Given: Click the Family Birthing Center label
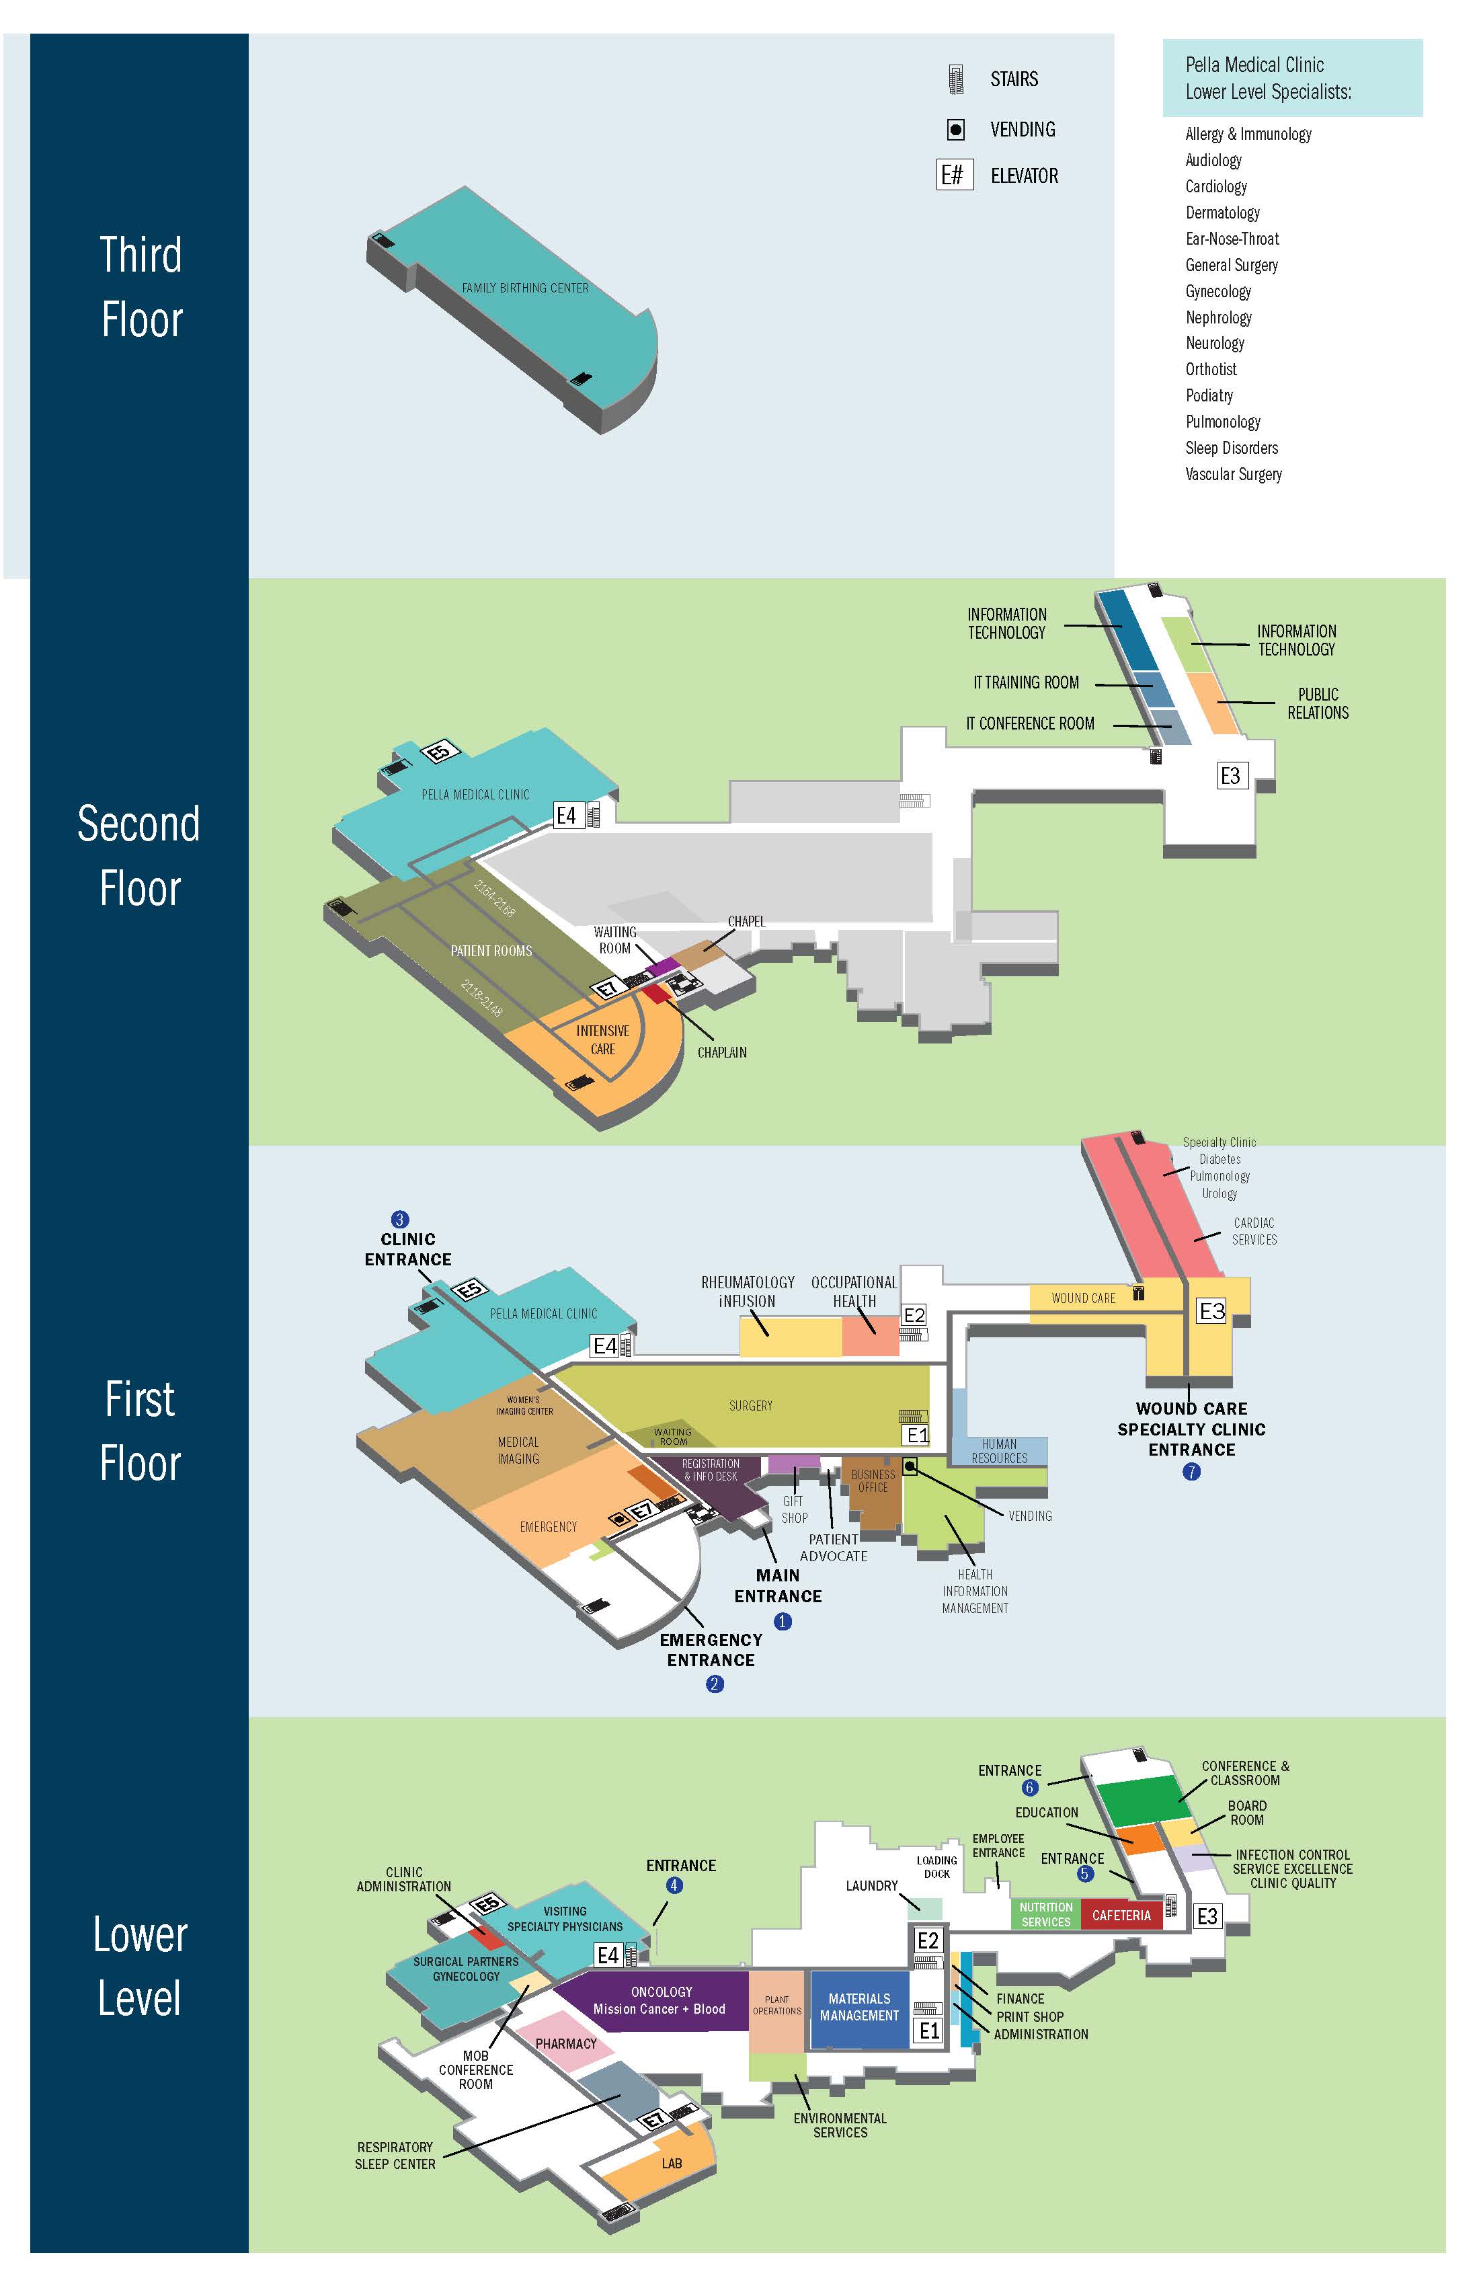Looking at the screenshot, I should pos(524,288).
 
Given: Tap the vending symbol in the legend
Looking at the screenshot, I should pos(955,130).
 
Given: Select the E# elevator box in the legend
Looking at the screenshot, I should pos(955,175).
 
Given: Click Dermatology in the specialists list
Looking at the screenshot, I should pos(1222,212).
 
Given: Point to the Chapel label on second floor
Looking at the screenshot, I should pos(746,921).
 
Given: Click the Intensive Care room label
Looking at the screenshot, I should pos(603,1039).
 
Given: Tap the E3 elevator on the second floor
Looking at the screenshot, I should pos(1230,775).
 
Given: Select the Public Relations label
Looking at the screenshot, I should pos(1318,703).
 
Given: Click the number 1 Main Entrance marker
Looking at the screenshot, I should pos(783,1621).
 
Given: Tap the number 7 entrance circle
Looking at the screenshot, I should pos(1191,1472).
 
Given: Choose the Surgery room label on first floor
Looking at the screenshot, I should pos(750,1405).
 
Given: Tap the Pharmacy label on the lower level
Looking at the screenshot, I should pos(565,2043).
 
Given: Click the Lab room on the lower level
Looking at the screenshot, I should pos(672,2163).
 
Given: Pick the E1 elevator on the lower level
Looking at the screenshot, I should pos(928,2031).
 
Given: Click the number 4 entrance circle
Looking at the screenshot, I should pos(674,1885).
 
